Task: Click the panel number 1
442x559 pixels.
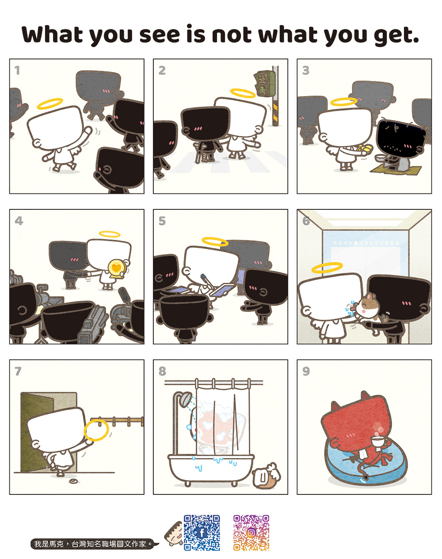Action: [x=17, y=70]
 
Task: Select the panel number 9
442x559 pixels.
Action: [x=306, y=371]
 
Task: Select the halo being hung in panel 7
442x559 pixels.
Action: [x=96, y=430]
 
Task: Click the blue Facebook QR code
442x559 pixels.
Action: [x=202, y=532]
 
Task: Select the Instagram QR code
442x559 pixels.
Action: [x=251, y=532]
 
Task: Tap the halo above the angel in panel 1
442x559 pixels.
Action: [x=55, y=104]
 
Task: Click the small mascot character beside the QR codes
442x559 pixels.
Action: [x=173, y=534]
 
